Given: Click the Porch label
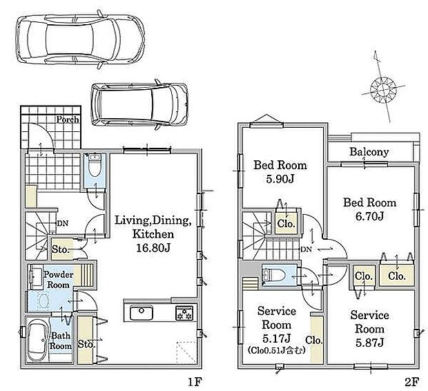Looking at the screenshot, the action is pos(68,120).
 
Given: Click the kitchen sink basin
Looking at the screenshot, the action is pos(141,312).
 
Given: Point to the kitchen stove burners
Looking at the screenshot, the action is pos(185,313).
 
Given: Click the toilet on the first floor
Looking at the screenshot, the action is pos(95,165).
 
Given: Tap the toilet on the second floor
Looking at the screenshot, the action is pos(274,275).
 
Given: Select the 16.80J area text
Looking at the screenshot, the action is pos(153,249).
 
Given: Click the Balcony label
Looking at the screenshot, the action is pos(369,152).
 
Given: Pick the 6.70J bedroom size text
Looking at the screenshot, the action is pos(370,216).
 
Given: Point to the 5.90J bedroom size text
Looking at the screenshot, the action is pos(280,179).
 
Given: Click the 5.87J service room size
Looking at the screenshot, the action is pos(370,343).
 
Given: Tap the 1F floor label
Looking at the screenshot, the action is pos(195,382).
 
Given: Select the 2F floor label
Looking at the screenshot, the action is pos(411,382).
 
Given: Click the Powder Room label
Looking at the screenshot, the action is pos(58,280).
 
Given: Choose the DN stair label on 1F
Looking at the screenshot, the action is pos(63,223).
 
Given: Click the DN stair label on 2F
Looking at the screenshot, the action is pos(307,249).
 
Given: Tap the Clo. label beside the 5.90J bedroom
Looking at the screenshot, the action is pos(286,224).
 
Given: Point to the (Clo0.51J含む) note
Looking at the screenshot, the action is pos(276,350).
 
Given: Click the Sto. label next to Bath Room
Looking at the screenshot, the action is pos(86,344).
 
